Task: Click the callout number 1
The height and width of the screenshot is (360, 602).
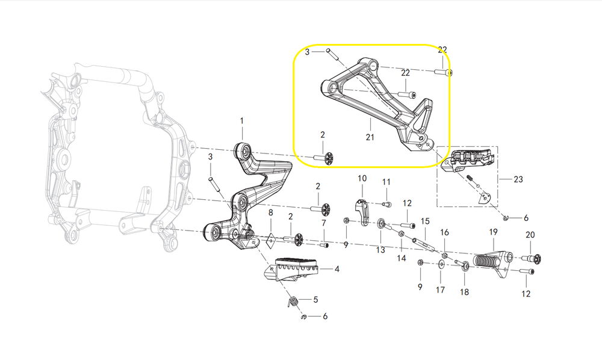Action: [242, 121]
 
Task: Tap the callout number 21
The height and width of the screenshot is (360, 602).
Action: [370, 137]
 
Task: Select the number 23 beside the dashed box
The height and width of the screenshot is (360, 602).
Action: [518, 179]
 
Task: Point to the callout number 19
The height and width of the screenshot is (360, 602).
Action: [493, 232]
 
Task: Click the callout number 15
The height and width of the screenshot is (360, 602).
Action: [425, 221]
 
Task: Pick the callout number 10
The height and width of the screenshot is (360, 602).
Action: [362, 179]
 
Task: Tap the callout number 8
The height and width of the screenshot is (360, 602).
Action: [270, 213]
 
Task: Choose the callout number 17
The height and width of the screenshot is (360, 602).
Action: [440, 290]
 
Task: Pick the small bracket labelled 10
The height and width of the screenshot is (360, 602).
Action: [363, 212]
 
